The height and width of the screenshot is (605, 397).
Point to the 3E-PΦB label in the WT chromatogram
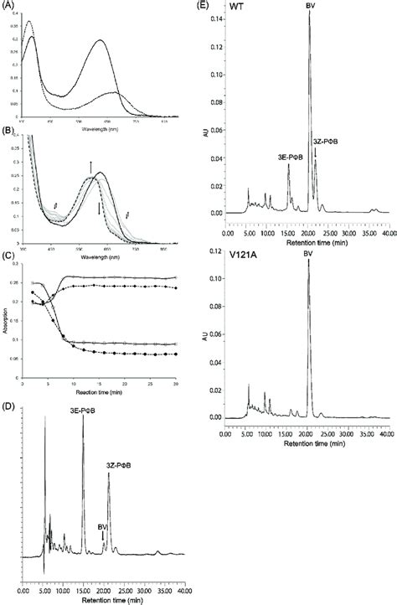point(279,156)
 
